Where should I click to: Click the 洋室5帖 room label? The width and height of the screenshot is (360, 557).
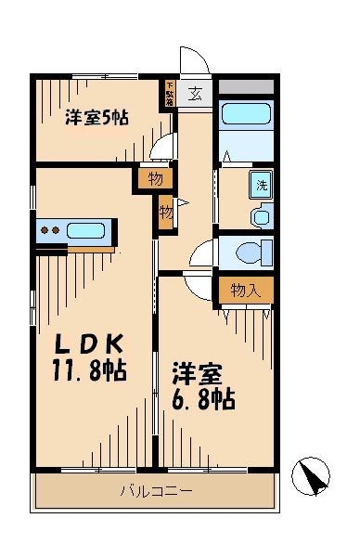coord(96,118)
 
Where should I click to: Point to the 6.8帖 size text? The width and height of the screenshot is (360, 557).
coord(201,399)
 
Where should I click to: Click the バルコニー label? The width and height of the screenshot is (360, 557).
coord(155,490)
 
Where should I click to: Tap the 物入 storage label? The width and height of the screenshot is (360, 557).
coord(246,291)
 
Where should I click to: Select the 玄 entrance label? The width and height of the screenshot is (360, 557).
coord(197,93)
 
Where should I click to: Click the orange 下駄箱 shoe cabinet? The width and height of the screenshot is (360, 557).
coord(170,95)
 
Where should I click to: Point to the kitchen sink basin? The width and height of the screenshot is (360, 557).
coord(89,230)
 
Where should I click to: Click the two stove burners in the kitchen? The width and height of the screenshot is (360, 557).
coord(50,230)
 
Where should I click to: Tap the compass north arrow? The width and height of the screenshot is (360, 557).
coord(313,476)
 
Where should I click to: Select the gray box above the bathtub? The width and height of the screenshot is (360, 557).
coord(246,86)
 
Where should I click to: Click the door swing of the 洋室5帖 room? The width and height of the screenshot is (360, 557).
coord(164,149)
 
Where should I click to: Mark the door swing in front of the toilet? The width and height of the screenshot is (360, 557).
coord(203,253)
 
